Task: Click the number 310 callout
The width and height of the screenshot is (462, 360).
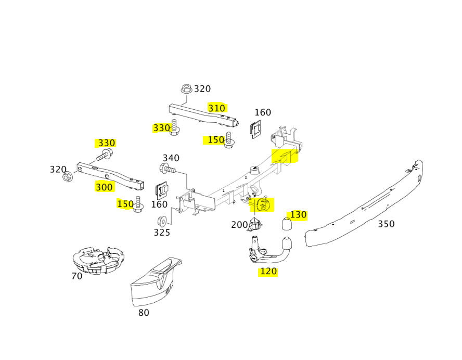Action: pos(217,108)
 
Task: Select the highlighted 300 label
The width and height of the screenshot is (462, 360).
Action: pos(104,187)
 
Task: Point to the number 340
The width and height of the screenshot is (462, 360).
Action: pos(171,158)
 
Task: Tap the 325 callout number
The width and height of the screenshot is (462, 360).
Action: pos(162,233)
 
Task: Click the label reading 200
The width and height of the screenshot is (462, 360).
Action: pos(239,225)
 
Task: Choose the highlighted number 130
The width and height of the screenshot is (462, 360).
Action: pos(298,215)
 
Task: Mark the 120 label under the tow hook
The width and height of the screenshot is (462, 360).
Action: pos(268,271)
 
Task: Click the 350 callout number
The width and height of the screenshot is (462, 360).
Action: pos(386,224)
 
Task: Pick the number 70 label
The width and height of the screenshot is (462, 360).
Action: pos(77,276)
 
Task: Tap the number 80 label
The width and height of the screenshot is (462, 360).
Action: pos(144,313)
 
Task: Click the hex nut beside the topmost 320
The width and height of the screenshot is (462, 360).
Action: pos(187,89)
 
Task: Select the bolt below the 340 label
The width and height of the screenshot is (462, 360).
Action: pos(168,169)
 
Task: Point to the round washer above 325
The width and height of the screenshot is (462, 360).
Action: pos(161,218)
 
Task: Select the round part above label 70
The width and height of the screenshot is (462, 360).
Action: pos(98,261)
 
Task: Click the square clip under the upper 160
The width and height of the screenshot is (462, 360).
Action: pos(256,130)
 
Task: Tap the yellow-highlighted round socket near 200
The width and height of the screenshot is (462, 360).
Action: pos(264,205)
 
